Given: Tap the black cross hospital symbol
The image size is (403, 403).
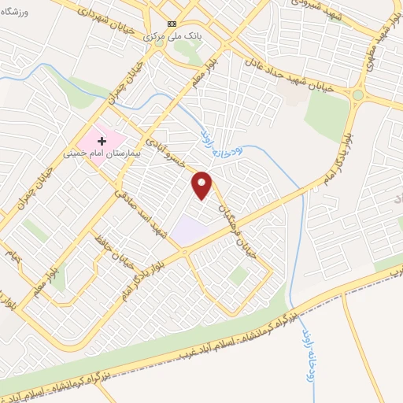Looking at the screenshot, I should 102,139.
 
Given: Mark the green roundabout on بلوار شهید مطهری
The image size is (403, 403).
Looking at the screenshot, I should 358,95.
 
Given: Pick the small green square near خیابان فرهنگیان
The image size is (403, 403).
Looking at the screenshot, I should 239,275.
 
